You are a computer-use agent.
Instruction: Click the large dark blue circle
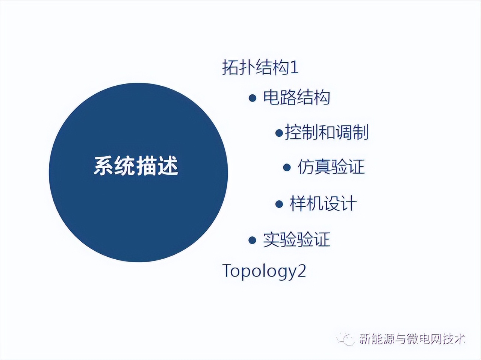(x=138, y=172)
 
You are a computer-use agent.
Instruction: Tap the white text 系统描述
(x=136, y=166)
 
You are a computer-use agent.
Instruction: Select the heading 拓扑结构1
(x=260, y=67)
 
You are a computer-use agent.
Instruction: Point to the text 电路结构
(x=296, y=97)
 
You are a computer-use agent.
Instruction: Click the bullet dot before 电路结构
(x=253, y=98)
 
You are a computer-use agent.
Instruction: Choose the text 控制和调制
(x=327, y=132)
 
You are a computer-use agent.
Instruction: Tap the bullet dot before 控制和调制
(x=279, y=133)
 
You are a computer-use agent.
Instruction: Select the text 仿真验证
(x=331, y=167)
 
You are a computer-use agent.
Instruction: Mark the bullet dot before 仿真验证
(x=287, y=168)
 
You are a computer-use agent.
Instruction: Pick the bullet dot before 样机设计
(x=279, y=204)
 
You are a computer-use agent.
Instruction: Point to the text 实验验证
(x=296, y=239)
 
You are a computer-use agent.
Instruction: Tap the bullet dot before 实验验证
(x=252, y=240)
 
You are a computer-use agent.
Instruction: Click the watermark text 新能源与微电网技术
(x=412, y=339)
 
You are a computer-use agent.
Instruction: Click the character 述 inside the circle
(x=168, y=166)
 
